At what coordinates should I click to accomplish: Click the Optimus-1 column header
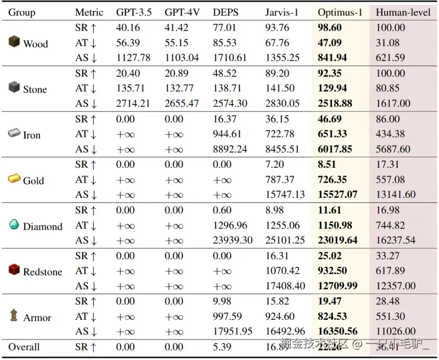pos(340,12)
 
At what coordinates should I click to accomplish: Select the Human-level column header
pos(403,12)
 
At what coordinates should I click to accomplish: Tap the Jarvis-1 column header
pos(281,12)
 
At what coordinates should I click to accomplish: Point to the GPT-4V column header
pos(182,12)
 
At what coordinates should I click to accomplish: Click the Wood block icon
pos(14,42)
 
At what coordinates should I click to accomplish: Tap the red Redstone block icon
pos(14,270)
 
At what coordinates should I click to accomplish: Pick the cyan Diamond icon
pos(14,225)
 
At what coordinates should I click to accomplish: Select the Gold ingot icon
pos(14,179)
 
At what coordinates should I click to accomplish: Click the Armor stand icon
pos(14,315)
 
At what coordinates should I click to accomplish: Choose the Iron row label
pos(32,135)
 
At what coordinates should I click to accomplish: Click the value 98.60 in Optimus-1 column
pos(330,28)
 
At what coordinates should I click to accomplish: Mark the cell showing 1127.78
pos(133,58)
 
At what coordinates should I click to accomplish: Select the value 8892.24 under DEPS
pos(230,149)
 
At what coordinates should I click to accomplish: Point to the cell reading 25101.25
pos(285,240)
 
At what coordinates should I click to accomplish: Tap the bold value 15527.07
pos(337,195)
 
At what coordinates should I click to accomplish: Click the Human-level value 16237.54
pos(396,240)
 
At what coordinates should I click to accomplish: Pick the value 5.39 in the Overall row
pos(222,347)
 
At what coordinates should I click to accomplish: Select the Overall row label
pos(24,347)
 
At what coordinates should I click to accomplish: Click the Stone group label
pos(35,90)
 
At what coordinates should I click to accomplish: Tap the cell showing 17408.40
pos(285,286)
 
